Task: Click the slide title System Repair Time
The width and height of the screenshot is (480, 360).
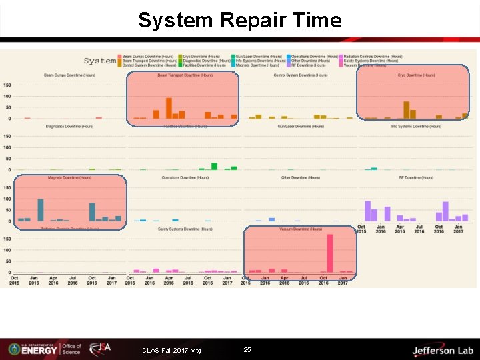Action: (x=239, y=20)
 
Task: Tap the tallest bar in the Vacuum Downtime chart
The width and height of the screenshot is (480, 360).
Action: (x=330, y=253)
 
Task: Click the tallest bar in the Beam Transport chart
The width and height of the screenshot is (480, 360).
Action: (x=169, y=108)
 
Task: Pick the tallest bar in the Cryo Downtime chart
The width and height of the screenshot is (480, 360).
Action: (x=406, y=110)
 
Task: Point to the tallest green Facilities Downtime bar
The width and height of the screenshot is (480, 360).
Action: (x=214, y=166)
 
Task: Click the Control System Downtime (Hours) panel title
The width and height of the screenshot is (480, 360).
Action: (x=301, y=75)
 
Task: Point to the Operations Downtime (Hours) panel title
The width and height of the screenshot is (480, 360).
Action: (x=185, y=178)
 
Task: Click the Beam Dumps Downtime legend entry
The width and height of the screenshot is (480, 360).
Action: (x=142, y=57)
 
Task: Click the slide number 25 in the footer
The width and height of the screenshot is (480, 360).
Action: (x=247, y=350)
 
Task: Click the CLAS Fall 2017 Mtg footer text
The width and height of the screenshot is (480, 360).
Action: (x=171, y=351)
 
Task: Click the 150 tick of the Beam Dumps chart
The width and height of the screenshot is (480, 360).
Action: (x=7, y=85)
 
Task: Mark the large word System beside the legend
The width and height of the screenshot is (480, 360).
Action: (x=100, y=61)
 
